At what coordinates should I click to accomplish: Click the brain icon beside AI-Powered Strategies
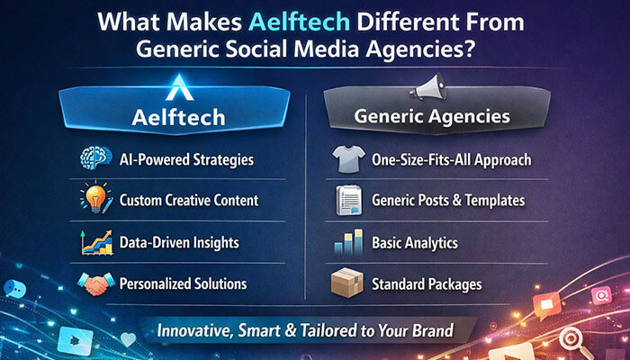[94, 159]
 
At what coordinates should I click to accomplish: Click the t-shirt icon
[347, 159]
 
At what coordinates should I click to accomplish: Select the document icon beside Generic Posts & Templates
[347, 200]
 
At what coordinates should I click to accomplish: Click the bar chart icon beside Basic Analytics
[347, 242]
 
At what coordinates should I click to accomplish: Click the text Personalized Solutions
[183, 283]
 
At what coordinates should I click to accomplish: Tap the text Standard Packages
[427, 283]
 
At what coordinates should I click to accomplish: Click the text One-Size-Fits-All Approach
[451, 160]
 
